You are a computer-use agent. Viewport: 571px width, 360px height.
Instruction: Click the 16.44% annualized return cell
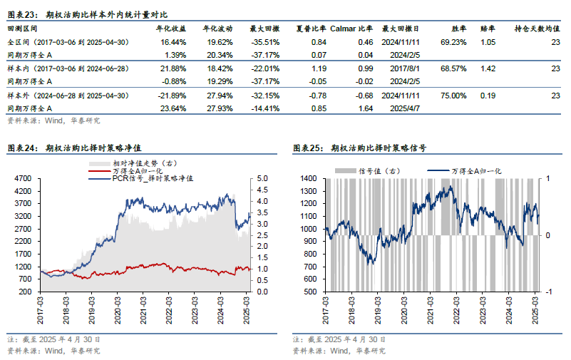[175, 43]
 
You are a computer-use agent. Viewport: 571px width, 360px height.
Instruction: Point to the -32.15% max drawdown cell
[264, 96]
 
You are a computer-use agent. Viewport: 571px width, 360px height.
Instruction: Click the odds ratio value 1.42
[488, 69]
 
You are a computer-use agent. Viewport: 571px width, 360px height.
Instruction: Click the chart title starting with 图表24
[71, 148]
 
